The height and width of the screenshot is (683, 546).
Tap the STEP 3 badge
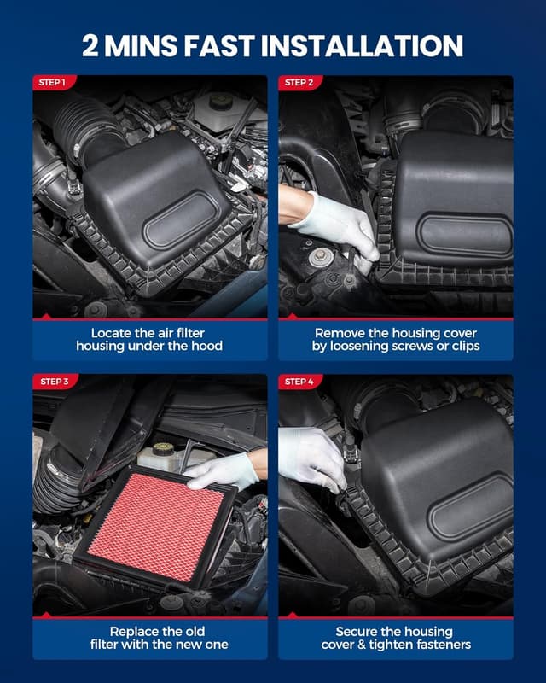point(54,382)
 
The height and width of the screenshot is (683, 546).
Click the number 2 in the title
point(91,45)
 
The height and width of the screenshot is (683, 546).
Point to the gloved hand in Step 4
point(311,458)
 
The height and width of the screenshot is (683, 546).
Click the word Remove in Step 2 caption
point(340,333)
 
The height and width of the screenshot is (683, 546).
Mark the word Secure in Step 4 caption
point(352,630)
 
